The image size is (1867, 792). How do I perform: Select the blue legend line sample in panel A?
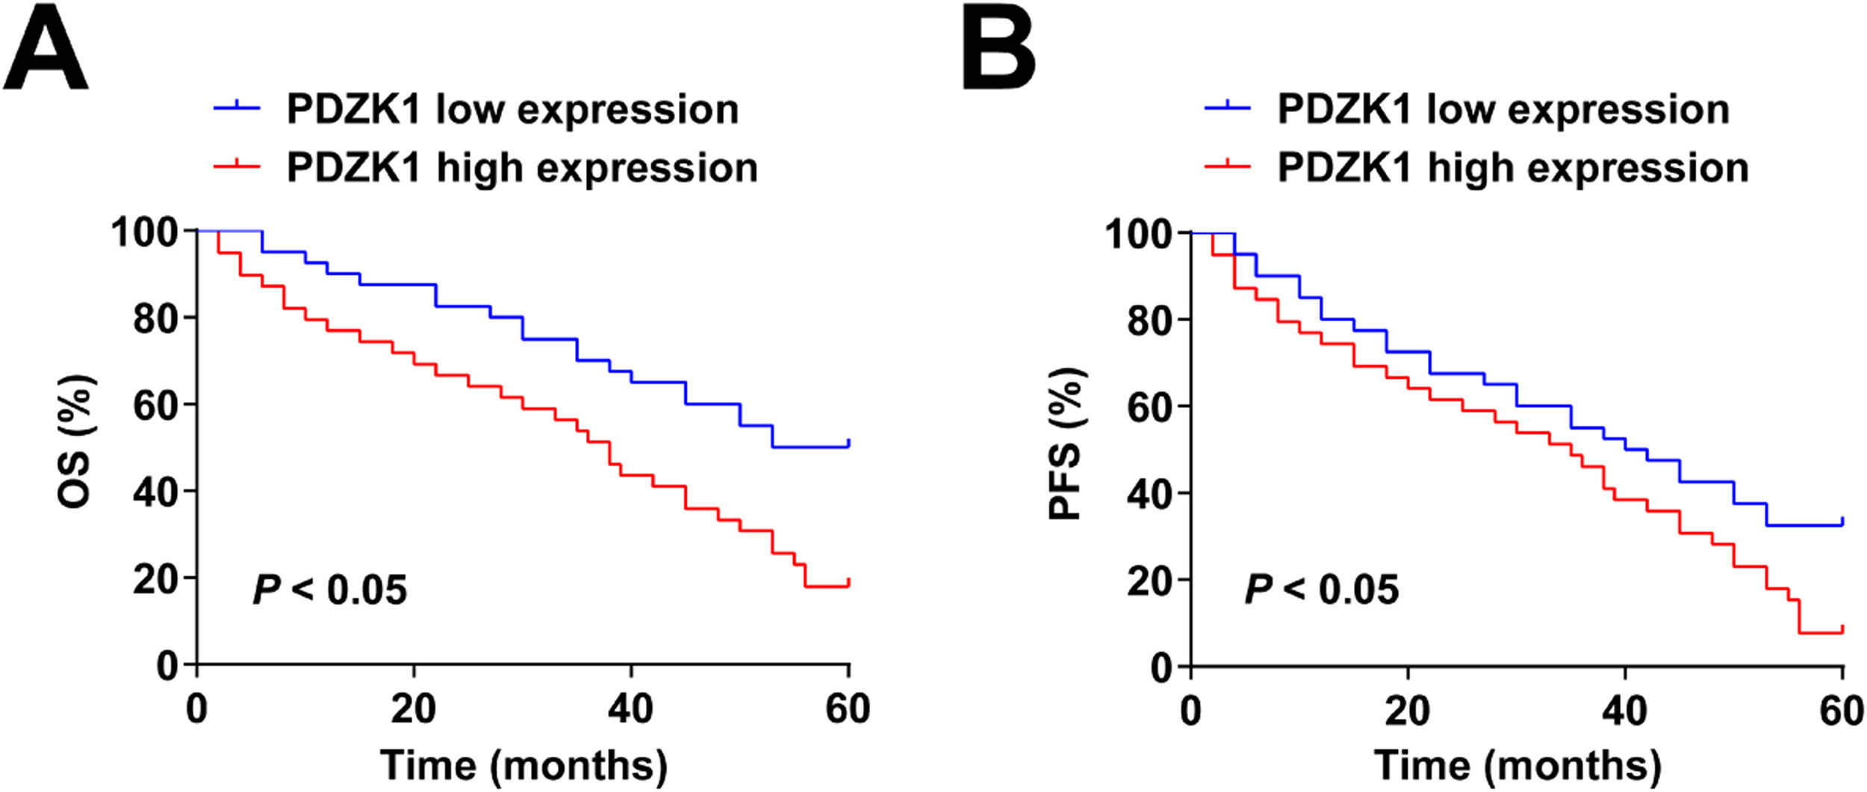click(237, 108)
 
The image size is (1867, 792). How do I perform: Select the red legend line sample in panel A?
click(237, 167)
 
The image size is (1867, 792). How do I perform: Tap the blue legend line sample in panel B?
click(1228, 108)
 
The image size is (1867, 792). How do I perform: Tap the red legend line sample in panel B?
click(1228, 167)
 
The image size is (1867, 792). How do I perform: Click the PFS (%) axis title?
click(1067, 444)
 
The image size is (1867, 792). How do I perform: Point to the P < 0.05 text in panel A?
click(330, 590)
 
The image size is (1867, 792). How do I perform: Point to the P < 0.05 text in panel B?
click(1321, 590)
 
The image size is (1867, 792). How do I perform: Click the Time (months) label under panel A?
click(524, 765)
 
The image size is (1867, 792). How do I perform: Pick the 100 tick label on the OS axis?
click(145, 232)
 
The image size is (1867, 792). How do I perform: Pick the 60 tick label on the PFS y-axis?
click(1149, 406)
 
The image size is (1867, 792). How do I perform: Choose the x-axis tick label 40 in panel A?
click(631, 708)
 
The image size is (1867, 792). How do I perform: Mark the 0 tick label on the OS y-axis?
click(168, 665)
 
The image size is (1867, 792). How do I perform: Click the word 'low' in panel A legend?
click(469, 110)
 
